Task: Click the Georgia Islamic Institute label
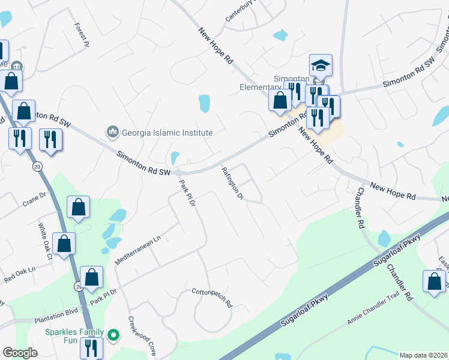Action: (167, 133)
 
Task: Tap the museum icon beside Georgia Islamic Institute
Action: (112, 131)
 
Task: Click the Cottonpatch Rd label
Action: (211, 297)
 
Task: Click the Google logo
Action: (19, 353)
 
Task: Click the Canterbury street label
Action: (240, 11)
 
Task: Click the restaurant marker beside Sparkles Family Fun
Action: (91, 347)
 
